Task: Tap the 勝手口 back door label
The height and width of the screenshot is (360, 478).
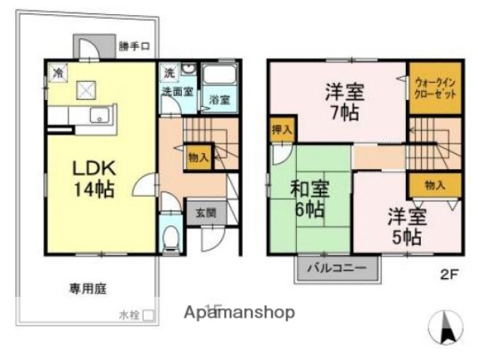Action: pyautogui.click(x=135, y=47)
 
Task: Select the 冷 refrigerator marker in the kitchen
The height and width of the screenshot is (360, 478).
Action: pyautogui.click(x=57, y=72)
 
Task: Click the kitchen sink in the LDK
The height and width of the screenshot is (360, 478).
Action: pyautogui.click(x=98, y=116)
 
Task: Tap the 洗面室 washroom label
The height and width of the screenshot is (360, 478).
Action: pyautogui.click(x=176, y=91)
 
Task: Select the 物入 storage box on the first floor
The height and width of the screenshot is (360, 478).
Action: pyautogui.click(x=198, y=157)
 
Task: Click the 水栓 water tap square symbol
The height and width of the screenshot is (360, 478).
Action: pyautogui.click(x=149, y=316)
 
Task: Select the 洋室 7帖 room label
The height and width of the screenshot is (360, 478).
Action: pyautogui.click(x=345, y=104)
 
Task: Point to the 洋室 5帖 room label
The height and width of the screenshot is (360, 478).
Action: pyautogui.click(x=407, y=226)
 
